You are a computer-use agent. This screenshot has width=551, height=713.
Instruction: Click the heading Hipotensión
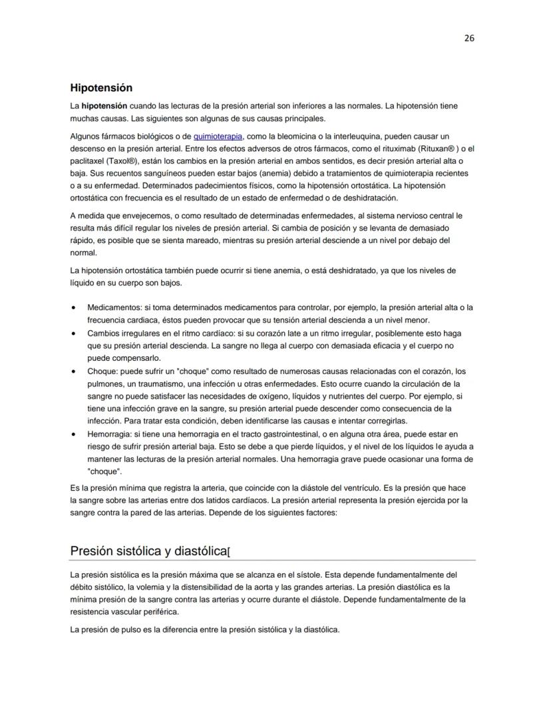click(x=101, y=88)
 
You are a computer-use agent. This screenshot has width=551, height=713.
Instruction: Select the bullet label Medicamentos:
click(x=109, y=308)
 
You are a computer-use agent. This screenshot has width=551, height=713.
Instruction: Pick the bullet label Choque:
click(x=102, y=371)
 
